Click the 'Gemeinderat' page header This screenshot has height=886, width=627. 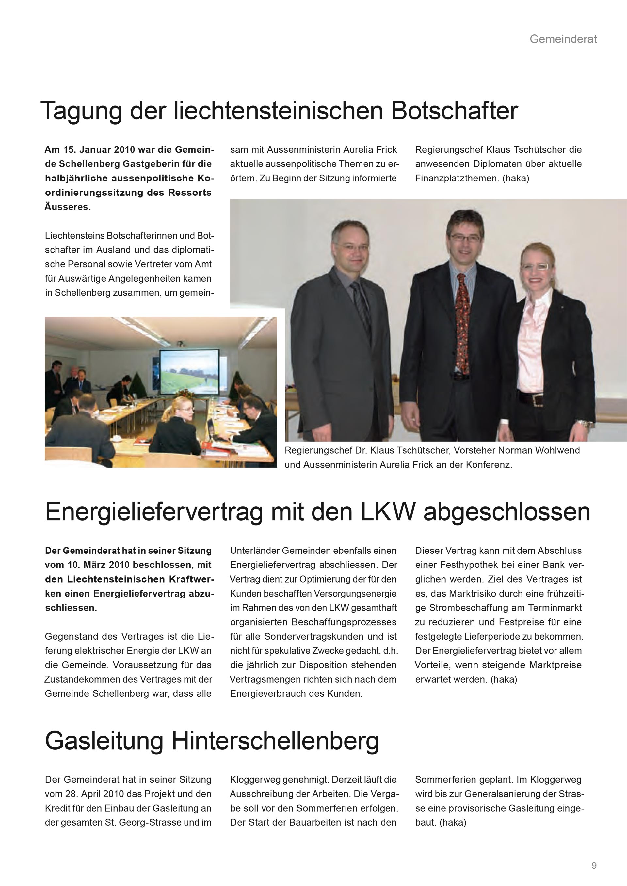click(563, 39)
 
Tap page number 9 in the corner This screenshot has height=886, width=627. click(594, 865)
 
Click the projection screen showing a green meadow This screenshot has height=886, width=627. click(189, 371)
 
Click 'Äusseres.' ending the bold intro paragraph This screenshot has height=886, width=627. click(68, 207)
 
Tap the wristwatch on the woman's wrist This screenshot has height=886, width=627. click(585, 424)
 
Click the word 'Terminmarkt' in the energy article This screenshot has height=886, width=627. click(555, 608)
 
